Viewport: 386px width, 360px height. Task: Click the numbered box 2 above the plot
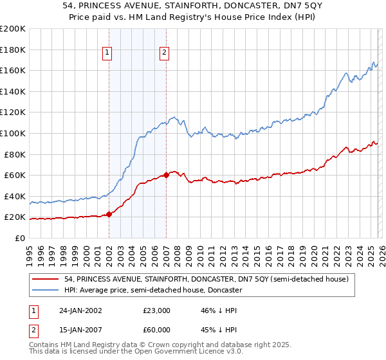pyautogui.click(x=165, y=53)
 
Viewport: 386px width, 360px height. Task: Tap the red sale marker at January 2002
pyautogui.click(x=109, y=214)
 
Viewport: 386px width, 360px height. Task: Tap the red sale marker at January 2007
pyautogui.click(x=166, y=174)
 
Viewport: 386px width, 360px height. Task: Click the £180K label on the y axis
pyautogui.click(x=13, y=50)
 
